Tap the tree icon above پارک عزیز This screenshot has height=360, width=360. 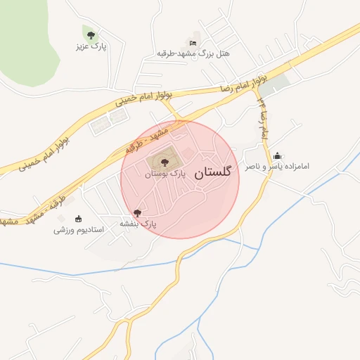pos(90,34)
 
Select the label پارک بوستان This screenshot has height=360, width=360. pos(164,174)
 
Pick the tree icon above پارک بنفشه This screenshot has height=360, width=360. pos(137,212)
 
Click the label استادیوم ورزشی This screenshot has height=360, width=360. pos(79,229)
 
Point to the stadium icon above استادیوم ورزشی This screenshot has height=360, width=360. pos(78,217)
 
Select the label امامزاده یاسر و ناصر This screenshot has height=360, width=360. pos(276,167)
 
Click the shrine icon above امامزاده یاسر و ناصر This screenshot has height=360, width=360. pos(278,156)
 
